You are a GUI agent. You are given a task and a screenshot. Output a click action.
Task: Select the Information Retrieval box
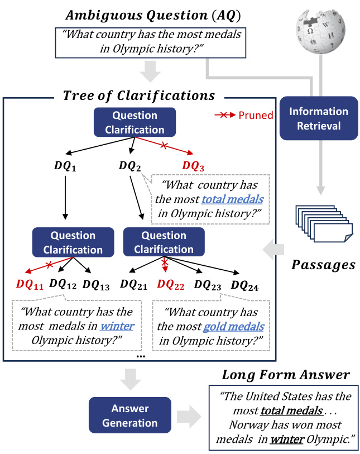pos(319,118)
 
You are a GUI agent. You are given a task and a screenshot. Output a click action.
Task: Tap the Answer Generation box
pos(129,416)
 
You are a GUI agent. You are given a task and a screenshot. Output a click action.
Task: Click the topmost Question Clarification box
pos(135,123)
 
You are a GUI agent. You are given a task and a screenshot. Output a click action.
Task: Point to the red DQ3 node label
pos(194,166)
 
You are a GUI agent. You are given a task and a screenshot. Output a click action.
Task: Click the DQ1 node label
pos(65,166)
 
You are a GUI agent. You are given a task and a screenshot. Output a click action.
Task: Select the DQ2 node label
pos(130,166)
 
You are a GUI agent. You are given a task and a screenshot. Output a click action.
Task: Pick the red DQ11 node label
pos(30,284)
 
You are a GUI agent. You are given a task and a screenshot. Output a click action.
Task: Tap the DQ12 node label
pos(63,284)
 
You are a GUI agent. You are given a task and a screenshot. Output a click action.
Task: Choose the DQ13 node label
pos(96,284)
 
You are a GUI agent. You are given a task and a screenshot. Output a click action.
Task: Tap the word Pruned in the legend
pos(256,116)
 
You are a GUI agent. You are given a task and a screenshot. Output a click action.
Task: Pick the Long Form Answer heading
pos(286,374)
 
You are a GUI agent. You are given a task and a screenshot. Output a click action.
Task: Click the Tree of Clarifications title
pos(138,95)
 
